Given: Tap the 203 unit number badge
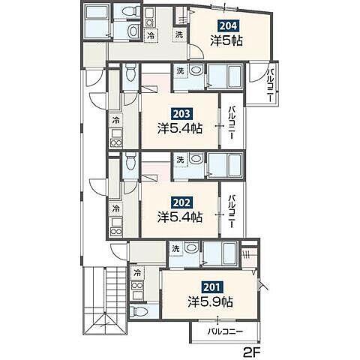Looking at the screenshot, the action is click(181, 114).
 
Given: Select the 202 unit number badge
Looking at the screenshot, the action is click(181, 202).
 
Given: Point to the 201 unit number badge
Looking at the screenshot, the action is click(212, 287).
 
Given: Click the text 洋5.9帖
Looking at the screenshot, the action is click(211, 301).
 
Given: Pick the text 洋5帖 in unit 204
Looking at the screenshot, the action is click(226, 40).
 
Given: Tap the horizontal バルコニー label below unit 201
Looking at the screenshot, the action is click(226, 331).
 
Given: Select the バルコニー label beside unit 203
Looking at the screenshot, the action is click(232, 122).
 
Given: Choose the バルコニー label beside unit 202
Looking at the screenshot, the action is click(232, 211).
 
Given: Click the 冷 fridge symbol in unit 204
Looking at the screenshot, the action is click(151, 35).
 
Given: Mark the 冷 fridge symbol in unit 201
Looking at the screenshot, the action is click(137, 273).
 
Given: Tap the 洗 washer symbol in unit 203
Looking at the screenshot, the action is click(180, 70).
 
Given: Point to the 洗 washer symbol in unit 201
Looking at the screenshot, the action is click(175, 248).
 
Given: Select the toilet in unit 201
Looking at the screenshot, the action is click(139, 311).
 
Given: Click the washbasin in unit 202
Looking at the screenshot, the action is click(196, 159).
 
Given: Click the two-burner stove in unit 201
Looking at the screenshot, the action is click(137, 285).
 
